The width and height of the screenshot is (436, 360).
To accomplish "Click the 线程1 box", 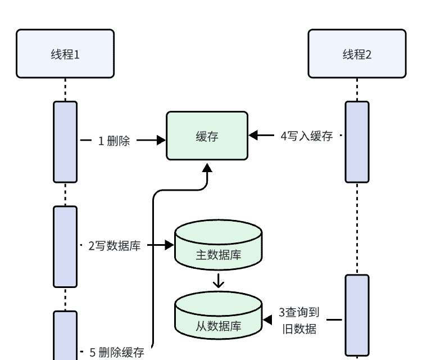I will [x=65, y=54].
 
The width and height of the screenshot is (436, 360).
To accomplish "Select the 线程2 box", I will [x=357, y=54].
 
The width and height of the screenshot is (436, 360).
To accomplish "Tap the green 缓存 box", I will [x=207, y=136].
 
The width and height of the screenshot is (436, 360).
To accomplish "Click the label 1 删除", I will [x=114, y=141].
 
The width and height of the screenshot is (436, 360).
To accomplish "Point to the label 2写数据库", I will [x=115, y=245].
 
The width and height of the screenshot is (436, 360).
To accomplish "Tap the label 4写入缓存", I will [x=307, y=136].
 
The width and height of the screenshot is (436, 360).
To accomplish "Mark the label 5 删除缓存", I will [x=117, y=353].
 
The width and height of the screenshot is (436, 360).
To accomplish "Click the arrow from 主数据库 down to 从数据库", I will [x=219, y=281].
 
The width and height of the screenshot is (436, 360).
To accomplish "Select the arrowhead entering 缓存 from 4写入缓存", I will [x=253, y=135].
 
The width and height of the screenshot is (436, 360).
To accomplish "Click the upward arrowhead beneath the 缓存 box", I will [x=207, y=168].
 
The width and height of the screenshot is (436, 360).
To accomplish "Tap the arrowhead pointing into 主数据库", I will [x=169, y=245].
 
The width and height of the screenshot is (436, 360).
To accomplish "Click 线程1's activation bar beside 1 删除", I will [x=65, y=142].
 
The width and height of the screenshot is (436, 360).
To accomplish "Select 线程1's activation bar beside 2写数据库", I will [x=65, y=246].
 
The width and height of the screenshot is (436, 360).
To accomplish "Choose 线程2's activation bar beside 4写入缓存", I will [x=357, y=142].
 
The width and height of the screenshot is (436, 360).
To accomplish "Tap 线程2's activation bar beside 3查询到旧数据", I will [x=357, y=315].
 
